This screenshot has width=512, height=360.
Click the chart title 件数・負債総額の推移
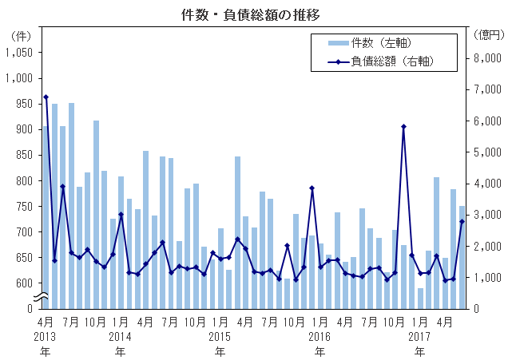(256, 14)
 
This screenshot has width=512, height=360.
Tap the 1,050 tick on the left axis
(18, 52)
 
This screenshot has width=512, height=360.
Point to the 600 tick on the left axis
(22, 283)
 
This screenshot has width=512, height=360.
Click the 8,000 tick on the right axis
(487, 58)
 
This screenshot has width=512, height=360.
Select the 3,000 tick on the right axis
(487, 215)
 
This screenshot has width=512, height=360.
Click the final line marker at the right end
(462, 221)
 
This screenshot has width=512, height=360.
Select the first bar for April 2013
(46, 216)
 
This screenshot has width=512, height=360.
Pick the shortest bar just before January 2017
(420, 298)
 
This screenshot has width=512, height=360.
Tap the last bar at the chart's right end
(462, 256)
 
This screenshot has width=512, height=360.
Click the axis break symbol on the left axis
(45, 299)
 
